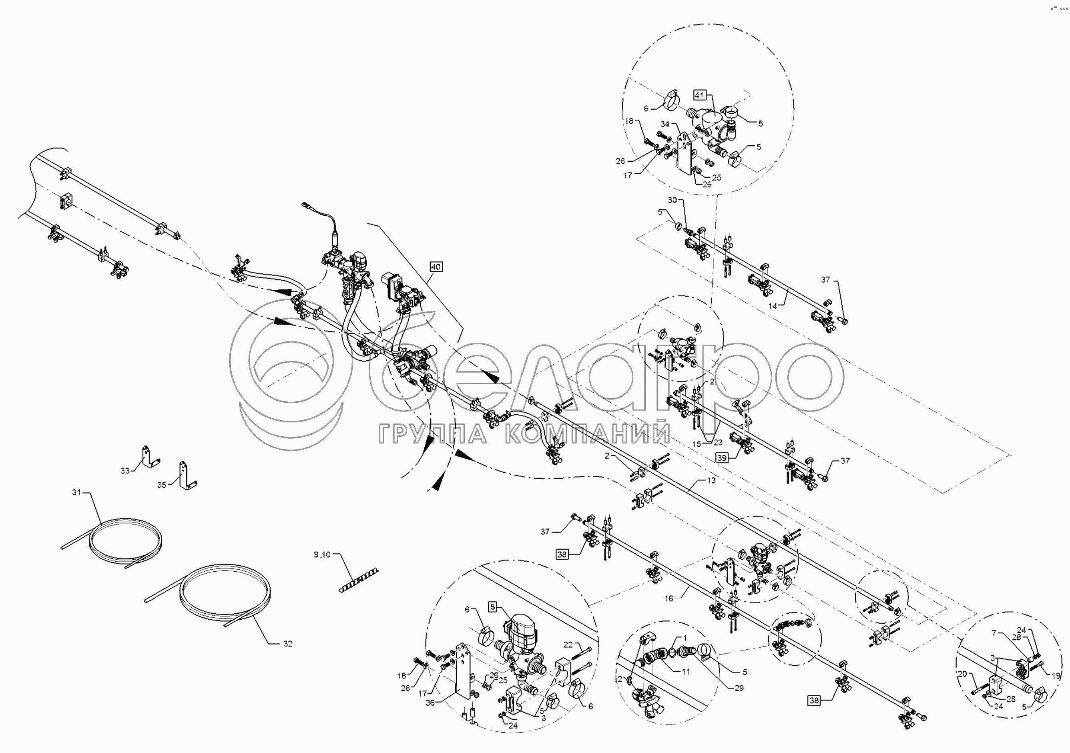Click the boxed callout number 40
click(x=436, y=267)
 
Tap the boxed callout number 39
click(x=722, y=458)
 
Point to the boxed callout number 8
click(x=493, y=607)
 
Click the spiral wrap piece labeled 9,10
click(x=358, y=580)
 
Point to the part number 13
click(x=711, y=481)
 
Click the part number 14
click(x=773, y=306)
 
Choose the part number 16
click(x=669, y=598)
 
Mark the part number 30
click(x=673, y=200)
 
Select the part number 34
click(x=665, y=124)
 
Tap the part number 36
click(x=430, y=702)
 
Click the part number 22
click(x=568, y=645)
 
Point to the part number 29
click(x=739, y=688)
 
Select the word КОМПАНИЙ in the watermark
click(x=587, y=434)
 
